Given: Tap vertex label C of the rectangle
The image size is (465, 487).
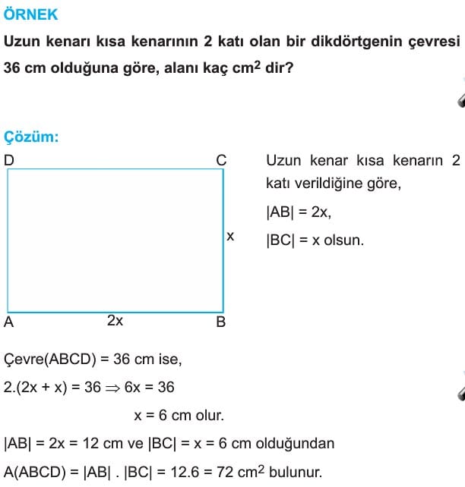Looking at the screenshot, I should (222, 160).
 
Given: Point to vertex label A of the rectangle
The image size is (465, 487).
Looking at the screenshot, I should (9, 322).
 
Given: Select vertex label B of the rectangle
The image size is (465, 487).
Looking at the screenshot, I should (221, 322).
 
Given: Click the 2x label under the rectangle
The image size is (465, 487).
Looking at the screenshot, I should (115, 321).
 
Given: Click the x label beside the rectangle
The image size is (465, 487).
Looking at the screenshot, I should (230, 237).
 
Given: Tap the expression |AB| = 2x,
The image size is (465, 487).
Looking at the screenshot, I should (299, 212).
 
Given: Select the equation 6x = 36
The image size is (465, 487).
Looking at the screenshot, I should (150, 388).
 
